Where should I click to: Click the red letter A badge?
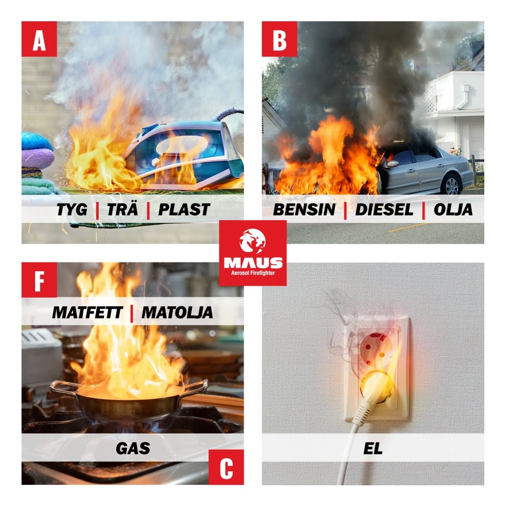[x=39, y=39]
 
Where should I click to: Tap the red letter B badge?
[x=279, y=39]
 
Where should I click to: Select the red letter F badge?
[x=39, y=280]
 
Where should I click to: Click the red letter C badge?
[x=226, y=467]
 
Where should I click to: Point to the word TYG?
[x=72, y=210]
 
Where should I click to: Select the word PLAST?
[x=184, y=210]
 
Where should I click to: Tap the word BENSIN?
[x=304, y=210]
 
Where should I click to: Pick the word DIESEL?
[x=384, y=210]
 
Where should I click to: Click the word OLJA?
[x=453, y=210]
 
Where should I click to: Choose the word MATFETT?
[x=87, y=312]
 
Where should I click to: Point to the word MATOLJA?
[x=177, y=312]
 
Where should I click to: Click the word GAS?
[x=133, y=448]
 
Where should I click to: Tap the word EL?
[x=373, y=448]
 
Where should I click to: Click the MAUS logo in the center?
[x=253, y=253]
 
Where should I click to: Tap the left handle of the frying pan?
[x=63, y=387]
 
